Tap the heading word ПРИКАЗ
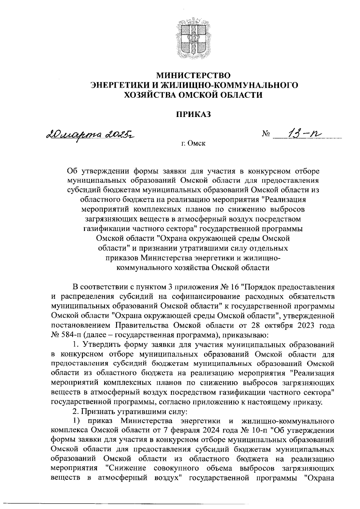(x=194, y=114)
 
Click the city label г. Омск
(x=194, y=144)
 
